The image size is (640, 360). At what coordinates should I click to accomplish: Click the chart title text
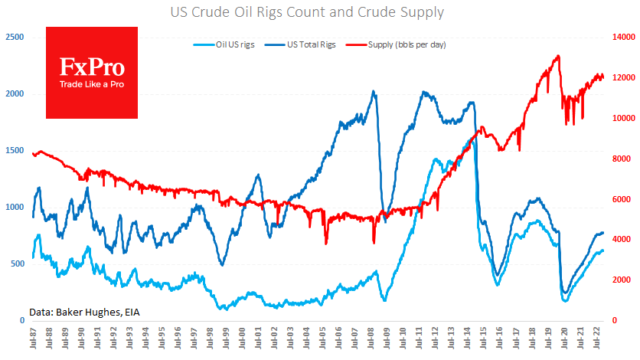[x=319, y=12]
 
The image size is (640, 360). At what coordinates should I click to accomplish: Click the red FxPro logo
[x=92, y=73]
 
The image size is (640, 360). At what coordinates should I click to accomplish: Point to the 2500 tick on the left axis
[x=14, y=37]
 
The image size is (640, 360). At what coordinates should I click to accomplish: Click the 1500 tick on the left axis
[x=14, y=150]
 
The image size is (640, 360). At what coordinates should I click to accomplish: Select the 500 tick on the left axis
[x=17, y=263]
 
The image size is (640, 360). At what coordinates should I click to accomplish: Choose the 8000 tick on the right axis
[x=622, y=159]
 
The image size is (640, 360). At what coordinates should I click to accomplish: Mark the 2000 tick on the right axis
[x=622, y=280]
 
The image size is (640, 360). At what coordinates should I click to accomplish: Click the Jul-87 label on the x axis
[x=34, y=340]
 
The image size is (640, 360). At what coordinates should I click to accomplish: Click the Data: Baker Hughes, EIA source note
[x=84, y=312]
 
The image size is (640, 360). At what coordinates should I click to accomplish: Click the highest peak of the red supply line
[x=558, y=56]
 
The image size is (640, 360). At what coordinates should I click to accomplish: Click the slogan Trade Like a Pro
[x=92, y=84]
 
